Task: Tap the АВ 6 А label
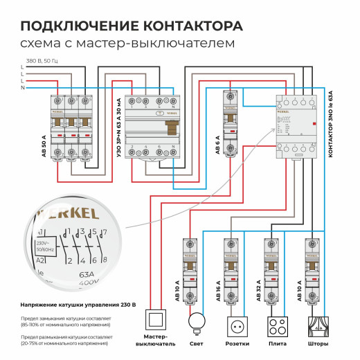pos(217,143)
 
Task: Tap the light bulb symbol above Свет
pos(199,322)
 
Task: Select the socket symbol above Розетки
pos(237,325)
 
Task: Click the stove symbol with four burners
pos(278,325)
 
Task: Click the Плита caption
pos(278,343)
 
